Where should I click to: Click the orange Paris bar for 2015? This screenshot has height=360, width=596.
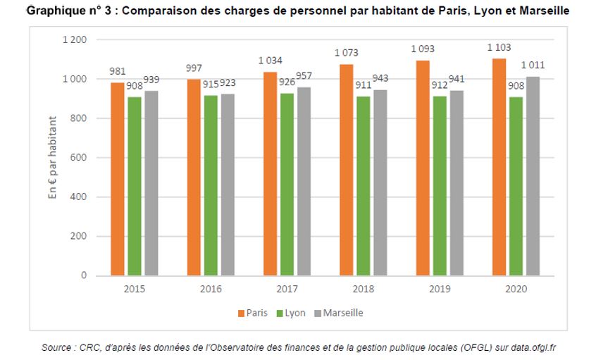[117, 179]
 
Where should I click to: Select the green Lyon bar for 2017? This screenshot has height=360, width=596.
[286, 184]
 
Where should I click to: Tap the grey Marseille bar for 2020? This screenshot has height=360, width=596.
[533, 175]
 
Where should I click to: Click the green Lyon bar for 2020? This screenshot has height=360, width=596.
[516, 186]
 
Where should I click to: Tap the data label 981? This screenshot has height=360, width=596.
[117, 71]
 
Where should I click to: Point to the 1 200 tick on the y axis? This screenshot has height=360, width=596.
[74, 40]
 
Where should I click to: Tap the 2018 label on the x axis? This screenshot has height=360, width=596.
[363, 290]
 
